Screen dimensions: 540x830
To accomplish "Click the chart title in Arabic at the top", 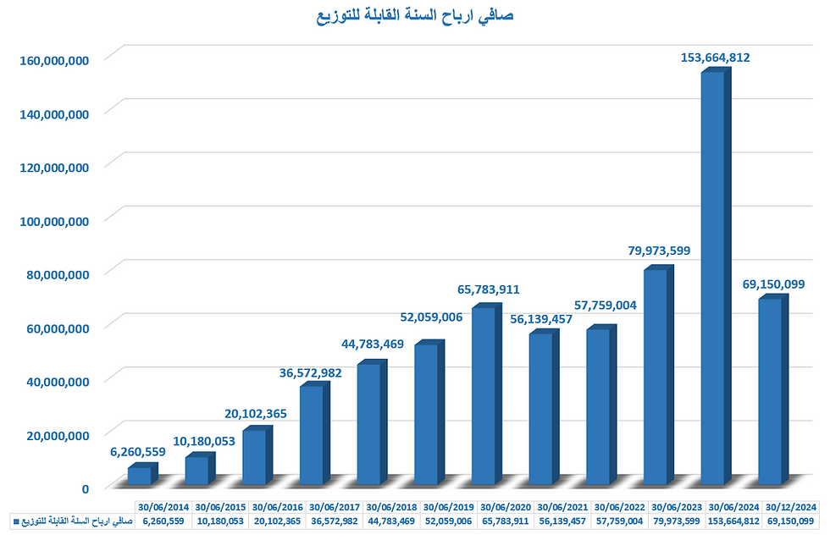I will pos(415,16).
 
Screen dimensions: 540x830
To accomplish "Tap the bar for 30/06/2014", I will pos(140,475).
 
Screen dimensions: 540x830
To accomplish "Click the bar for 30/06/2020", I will pos(484,396).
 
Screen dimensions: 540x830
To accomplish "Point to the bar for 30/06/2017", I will pos(312,435).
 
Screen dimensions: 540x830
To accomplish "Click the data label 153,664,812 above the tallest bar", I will pos(715,58).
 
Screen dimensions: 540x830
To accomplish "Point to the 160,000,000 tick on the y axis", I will pos(54,60).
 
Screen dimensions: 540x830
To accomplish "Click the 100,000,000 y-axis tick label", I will pos(54,221).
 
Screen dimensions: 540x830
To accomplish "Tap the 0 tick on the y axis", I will pos(86,488).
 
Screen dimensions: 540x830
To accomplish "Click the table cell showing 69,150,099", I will pos(793,521).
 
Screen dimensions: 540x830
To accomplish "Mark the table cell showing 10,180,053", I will pos(222,521).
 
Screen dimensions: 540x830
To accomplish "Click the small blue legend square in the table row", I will pos(15,521).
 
